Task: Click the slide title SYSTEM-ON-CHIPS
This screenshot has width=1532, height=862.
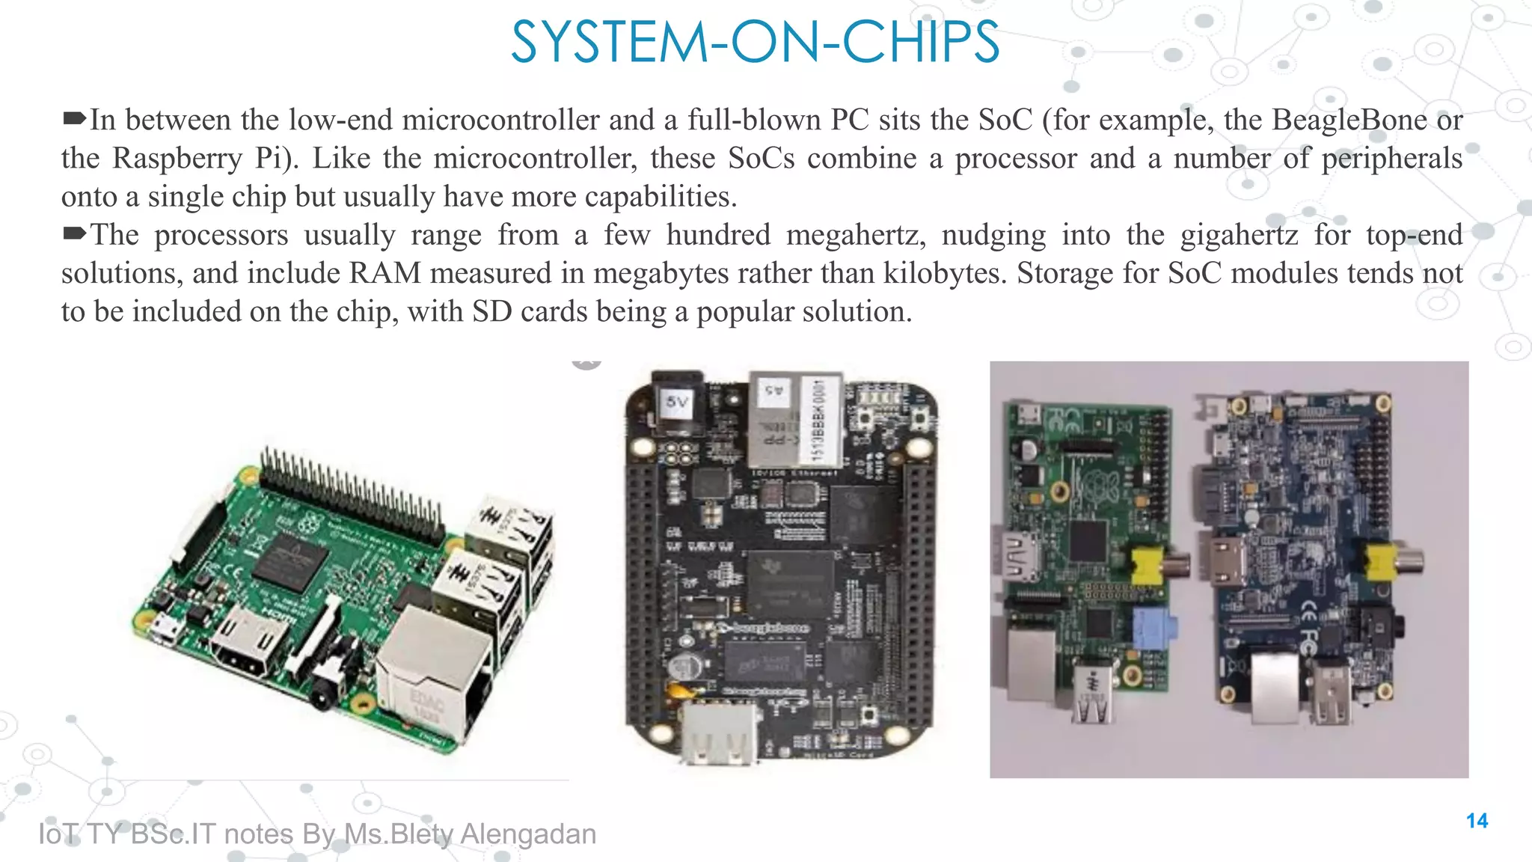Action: [x=755, y=43]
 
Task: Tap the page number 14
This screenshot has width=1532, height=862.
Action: [x=1477, y=821]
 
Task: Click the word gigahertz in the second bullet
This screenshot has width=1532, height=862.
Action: [x=1239, y=236]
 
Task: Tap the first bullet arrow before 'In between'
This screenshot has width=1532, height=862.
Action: [x=74, y=118]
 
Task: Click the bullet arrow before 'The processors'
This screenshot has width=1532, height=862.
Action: [x=74, y=233]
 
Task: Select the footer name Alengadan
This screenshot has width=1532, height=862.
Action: [x=528, y=834]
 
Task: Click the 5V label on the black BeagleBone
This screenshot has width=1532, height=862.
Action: [x=677, y=403]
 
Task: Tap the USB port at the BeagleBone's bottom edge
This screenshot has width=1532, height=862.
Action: [x=717, y=734]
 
